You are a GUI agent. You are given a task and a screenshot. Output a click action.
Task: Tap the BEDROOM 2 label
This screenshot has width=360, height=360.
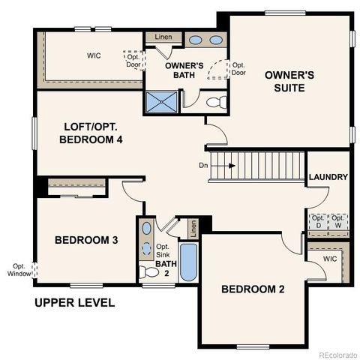pos(252,289)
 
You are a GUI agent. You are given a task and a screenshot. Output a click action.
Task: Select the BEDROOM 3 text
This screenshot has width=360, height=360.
pos(86,240)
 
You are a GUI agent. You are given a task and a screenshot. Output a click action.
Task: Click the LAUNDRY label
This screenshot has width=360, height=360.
pos(328,177)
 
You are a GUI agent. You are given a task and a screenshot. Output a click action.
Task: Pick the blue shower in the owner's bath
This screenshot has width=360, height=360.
pos(160,101)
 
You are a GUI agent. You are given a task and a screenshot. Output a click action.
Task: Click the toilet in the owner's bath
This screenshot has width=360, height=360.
pos(212,102)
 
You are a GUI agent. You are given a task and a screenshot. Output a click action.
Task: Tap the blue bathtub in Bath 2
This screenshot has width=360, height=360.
pos(187,263)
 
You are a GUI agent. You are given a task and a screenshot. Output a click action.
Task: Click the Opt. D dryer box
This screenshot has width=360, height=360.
pos(318,221)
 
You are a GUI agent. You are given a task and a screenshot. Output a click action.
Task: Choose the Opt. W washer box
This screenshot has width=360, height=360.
pos(339,221)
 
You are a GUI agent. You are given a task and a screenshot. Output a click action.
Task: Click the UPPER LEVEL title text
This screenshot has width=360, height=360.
pos(74,303)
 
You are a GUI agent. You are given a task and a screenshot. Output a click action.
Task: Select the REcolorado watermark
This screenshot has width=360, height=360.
pos(337,354)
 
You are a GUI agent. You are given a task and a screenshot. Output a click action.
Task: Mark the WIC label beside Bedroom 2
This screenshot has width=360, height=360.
pos(330,259)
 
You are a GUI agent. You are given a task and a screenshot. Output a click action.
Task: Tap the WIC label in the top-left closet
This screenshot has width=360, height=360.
pos(94,55)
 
